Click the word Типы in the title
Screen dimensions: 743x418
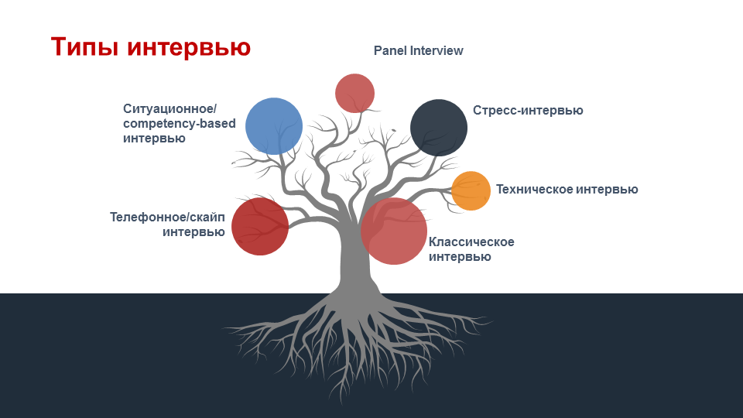(84, 47)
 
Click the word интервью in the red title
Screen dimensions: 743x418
(189, 47)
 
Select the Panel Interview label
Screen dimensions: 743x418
(419, 51)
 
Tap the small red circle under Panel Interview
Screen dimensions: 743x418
(355, 94)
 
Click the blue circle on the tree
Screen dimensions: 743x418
(274, 126)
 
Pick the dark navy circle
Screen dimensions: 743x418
(439, 128)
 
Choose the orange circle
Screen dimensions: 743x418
(471, 190)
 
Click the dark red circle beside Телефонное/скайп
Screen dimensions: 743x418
(260, 227)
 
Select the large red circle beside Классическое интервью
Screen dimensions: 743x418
(394, 231)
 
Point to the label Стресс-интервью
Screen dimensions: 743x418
(528, 111)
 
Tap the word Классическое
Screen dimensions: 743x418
(471, 242)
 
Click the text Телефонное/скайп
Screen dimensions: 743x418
(167, 217)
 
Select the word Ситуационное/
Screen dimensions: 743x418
(169, 109)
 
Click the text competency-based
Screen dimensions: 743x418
(180, 124)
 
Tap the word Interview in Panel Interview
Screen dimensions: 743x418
(437, 51)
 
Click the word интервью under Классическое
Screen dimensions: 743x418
(460, 257)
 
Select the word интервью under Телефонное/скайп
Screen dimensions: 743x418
(193, 232)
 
